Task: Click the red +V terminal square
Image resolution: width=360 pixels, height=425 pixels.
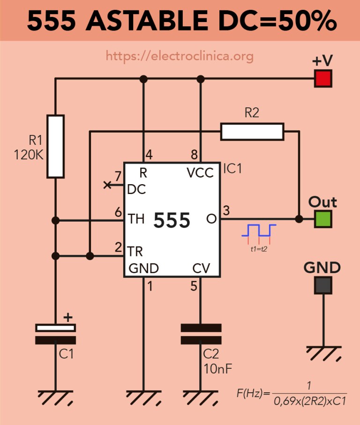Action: (323, 79)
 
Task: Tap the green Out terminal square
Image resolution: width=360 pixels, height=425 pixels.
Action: (323, 219)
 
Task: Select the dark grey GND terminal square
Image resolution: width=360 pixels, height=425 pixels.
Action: (323, 285)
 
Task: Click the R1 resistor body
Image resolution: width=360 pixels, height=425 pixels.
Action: (55, 146)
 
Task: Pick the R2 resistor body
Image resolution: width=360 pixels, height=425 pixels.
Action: (252, 132)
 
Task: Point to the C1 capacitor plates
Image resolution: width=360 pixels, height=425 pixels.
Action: (55, 334)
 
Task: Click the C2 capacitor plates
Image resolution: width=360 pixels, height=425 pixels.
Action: (201, 334)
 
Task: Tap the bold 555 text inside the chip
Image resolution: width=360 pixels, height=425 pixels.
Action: (172, 220)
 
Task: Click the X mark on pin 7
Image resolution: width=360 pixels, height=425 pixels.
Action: (107, 185)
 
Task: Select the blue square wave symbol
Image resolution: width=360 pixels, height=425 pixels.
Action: (259, 231)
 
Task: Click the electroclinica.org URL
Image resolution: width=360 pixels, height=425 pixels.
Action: (180, 56)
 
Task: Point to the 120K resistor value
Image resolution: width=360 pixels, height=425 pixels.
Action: (29, 155)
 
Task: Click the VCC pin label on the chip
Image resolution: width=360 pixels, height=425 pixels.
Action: (200, 172)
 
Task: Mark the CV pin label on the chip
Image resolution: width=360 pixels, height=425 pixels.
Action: (201, 268)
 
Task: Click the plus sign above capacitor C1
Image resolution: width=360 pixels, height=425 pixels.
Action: (68, 317)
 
